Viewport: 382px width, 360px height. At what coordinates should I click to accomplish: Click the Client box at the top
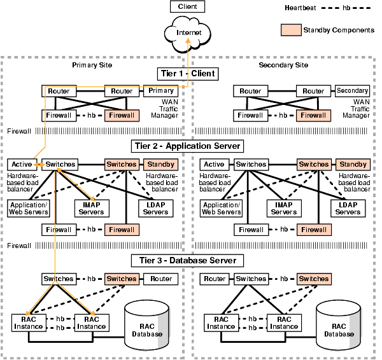[187, 7]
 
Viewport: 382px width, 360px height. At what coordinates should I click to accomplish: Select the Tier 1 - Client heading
[187, 74]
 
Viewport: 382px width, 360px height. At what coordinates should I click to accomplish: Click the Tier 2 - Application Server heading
[187, 146]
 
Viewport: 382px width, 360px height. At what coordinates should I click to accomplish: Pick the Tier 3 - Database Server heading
[187, 260]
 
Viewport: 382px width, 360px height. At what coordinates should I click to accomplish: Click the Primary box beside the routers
[161, 91]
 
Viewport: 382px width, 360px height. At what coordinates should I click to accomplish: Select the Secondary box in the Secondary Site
[352, 91]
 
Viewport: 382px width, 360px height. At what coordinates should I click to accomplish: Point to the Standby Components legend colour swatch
[290, 29]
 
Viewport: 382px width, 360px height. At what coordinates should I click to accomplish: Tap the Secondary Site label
[283, 66]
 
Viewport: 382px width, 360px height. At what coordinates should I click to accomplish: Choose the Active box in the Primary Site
[22, 165]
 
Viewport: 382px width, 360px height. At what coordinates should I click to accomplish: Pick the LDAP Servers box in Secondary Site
[348, 208]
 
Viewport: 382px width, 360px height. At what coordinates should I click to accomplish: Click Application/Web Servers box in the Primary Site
[29, 208]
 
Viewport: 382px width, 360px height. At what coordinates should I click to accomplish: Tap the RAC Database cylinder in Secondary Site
[341, 326]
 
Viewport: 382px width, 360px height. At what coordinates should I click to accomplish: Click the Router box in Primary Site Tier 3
[161, 279]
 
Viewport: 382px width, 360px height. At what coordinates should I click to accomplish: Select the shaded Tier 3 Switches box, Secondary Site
[314, 279]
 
